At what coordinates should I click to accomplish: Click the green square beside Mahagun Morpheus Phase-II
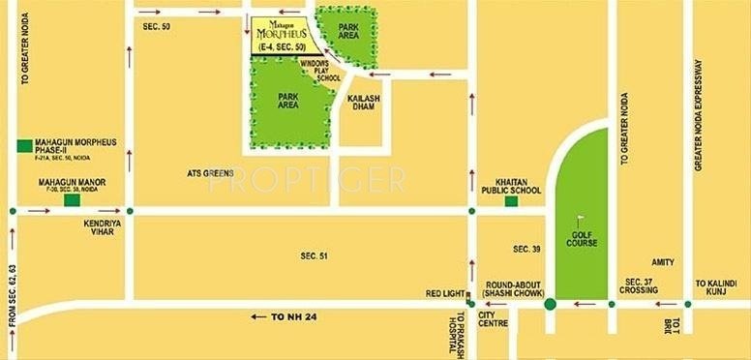[x=23, y=146]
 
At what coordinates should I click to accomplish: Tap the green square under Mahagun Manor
[x=71, y=201]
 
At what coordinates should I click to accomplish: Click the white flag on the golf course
[x=582, y=220]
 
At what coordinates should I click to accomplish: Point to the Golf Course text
[x=581, y=239]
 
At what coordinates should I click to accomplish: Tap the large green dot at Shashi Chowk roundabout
[x=550, y=305]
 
